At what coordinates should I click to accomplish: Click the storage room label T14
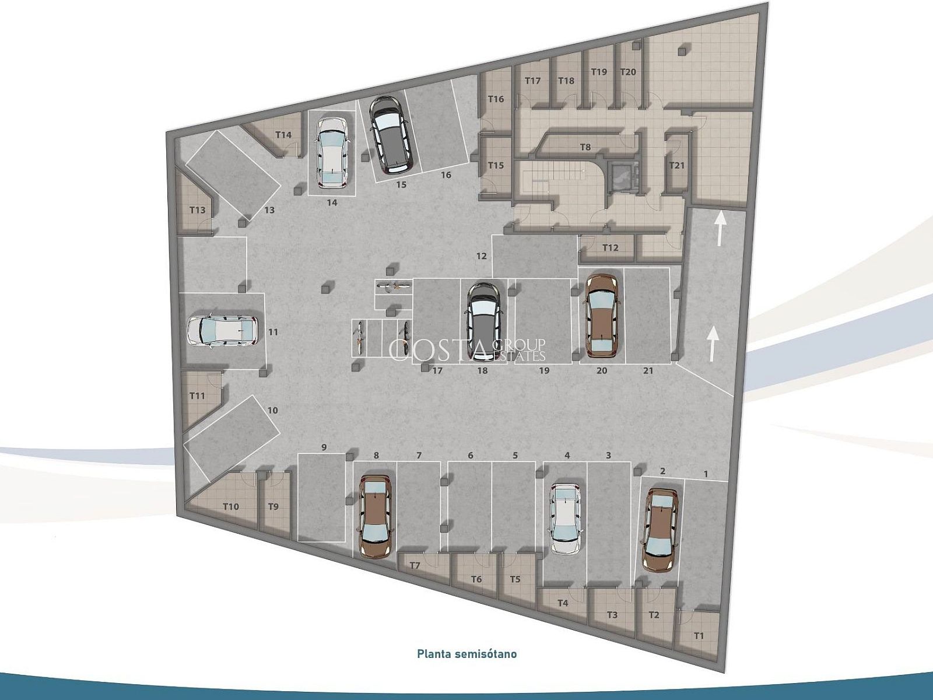tap(283, 135)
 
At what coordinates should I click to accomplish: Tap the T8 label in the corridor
tap(585, 147)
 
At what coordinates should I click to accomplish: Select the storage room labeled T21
tap(676, 165)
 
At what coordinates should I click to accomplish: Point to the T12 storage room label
tap(611, 247)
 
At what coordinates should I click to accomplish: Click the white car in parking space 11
tap(222, 331)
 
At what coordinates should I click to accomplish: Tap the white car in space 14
tap(332, 153)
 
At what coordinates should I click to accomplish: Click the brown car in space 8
tap(375, 516)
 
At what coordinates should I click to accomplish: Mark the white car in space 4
tap(565, 519)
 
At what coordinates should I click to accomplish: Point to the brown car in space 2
tap(660, 530)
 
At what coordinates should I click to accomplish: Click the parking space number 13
tap(269, 210)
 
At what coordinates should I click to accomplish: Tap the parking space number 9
tap(324, 447)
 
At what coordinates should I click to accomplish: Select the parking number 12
tap(481, 256)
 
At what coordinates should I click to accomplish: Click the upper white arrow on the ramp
tap(720, 229)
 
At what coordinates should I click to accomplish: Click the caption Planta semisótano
tap(466, 654)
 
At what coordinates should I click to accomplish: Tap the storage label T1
tap(699, 636)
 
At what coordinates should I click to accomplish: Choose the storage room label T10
tap(231, 506)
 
